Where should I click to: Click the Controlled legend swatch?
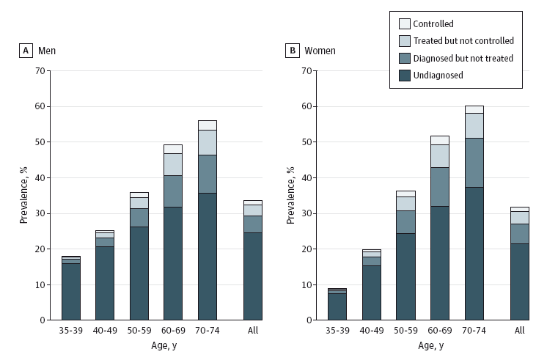pyautogui.click(x=405, y=23)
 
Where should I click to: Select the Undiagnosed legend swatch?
pyautogui.click(x=405, y=76)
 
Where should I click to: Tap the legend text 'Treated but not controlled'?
pyautogui.click(x=463, y=40)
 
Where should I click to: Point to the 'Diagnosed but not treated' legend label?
pyautogui.click(x=463, y=58)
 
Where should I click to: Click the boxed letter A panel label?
pyautogui.click(x=26, y=51)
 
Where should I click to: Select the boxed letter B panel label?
pyautogui.click(x=293, y=51)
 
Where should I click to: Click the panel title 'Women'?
pyautogui.click(x=320, y=51)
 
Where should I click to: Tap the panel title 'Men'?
pyautogui.click(x=47, y=51)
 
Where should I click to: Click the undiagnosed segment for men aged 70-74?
pyautogui.click(x=208, y=257)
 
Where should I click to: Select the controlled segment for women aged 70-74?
pyautogui.click(x=474, y=109)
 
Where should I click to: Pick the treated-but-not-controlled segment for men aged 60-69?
pyautogui.click(x=173, y=164)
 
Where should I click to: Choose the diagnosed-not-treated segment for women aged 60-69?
pyautogui.click(x=440, y=187)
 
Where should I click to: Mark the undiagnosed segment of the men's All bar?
pyautogui.click(x=253, y=276)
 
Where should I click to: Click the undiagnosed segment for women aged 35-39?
pyautogui.click(x=337, y=306)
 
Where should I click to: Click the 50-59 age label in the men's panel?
pyautogui.click(x=139, y=330)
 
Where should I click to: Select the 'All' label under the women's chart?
pyautogui.click(x=520, y=330)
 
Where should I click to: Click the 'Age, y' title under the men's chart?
pyautogui.click(x=164, y=345)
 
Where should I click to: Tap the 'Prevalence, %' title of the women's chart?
pyautogui.click(x=290, y=195)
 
